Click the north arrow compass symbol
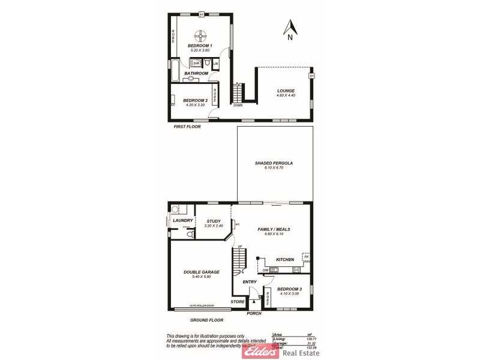[290, 29]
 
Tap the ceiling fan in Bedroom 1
[202, 35]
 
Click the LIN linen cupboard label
[215, 63]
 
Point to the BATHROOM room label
[196, 73]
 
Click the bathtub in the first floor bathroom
[174, 71]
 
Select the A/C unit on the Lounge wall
[311, 77]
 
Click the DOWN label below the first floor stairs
[238, 106]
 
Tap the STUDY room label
[214, 221]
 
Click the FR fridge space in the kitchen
[305, 257]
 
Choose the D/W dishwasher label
[265, 270]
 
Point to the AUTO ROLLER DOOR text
[202, 306]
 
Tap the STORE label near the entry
[238, 302]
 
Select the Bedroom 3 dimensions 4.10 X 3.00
[290, 293]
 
